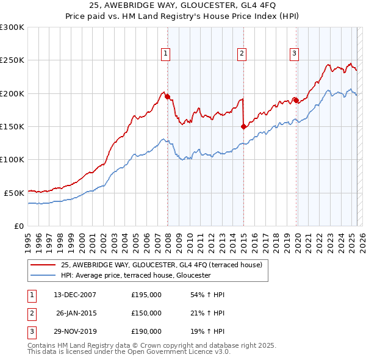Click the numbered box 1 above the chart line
coord(166,54)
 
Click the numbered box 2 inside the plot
coord(242,54)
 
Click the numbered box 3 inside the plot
coord(294,54)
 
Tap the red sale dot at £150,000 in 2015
coord(243,126)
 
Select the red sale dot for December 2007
coord(167,97)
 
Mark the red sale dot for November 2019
coord(296,100)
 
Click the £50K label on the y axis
coord(13,193)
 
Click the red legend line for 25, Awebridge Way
coord(43,265)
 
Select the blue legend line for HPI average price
coord(43,276)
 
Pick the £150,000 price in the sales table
coord(146,313)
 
